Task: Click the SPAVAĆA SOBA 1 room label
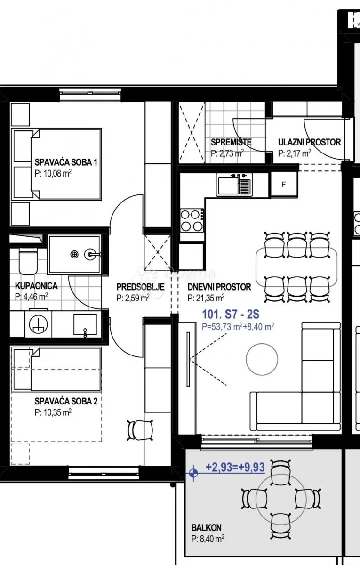[x=65, y=162]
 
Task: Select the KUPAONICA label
[x=36, y=286]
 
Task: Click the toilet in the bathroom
[x=28, y=262]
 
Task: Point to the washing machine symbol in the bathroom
[x=38, y=324]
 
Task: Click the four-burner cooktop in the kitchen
[x=192, y=220]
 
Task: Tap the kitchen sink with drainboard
[x=234, y=185]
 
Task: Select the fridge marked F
[x=284, y=185]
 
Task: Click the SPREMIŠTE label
[x=231, y=142]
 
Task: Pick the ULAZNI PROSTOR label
[x=309, y=142]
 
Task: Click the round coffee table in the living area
[x=262, y=359]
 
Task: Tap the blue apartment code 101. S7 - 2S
[x=231, y=315]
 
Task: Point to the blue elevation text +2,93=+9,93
[x=235, y=467]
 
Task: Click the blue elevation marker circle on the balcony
[x=193, y=473]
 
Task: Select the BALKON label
[x=206, y=528]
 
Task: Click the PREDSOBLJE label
[x=140, y=287]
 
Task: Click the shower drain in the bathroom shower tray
[x=74, y=254]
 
